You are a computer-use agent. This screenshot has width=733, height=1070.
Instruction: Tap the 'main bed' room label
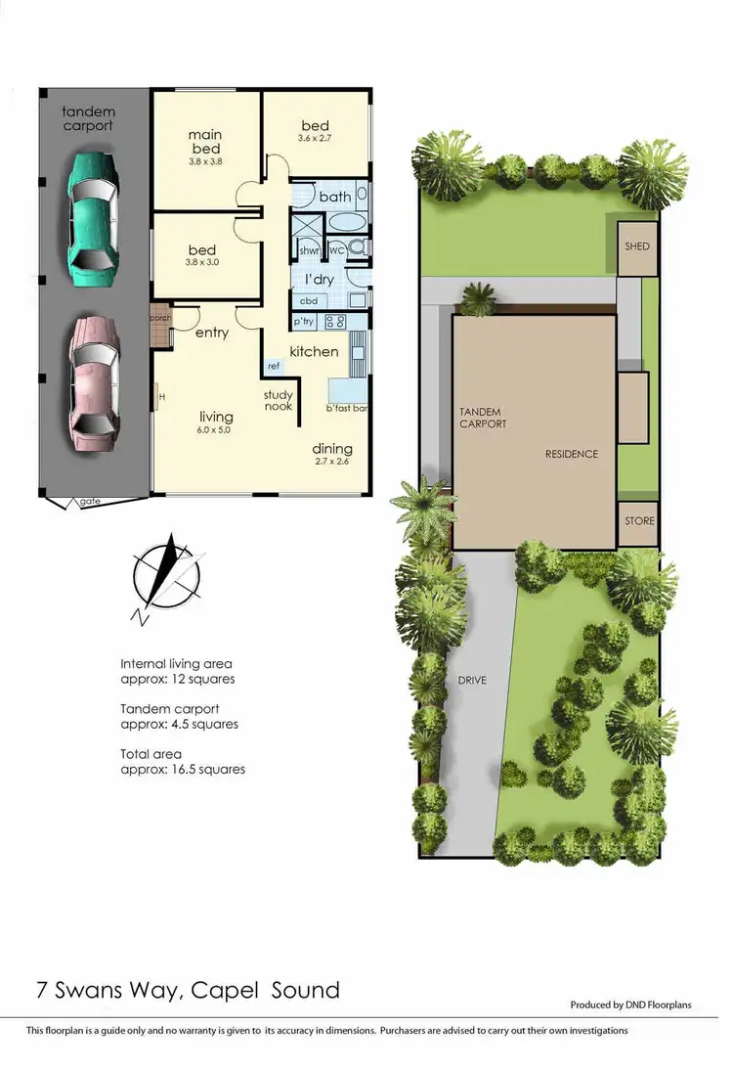coord(204,141)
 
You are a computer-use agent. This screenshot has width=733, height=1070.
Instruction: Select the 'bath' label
coord(334,198)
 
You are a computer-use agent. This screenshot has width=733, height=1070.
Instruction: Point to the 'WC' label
coord(337,250)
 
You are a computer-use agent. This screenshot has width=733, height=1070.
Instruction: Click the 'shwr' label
coord(310,250)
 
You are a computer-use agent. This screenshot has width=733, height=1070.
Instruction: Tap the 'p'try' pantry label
coord(303,321)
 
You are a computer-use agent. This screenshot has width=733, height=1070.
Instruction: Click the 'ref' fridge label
coord(274,367)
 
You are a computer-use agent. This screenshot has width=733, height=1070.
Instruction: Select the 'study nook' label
coord(278,401)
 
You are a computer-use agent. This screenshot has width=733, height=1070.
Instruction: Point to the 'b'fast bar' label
coord(348,407)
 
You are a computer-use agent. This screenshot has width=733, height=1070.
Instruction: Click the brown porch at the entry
coord(159,328)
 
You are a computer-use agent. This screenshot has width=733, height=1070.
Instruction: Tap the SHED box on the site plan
coord(637,246)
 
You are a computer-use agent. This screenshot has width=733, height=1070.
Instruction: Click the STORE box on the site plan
coord(639,521)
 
